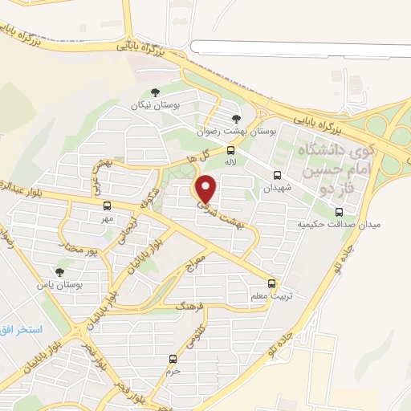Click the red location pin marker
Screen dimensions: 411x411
(x=207, y=189)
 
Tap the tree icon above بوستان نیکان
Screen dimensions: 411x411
(x=155, y=93)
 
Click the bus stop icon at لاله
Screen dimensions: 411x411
(x=231, y=150)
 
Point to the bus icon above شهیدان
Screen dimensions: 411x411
(x=277, y=176)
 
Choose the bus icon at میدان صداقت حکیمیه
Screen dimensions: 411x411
(x=339, y=213)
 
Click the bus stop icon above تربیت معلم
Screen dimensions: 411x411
(x=271, y=283)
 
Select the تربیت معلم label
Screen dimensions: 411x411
(x=267, y=295)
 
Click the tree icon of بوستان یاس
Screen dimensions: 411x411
(x=59, y=273)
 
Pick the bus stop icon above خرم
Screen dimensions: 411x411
(x=171, y=359)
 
